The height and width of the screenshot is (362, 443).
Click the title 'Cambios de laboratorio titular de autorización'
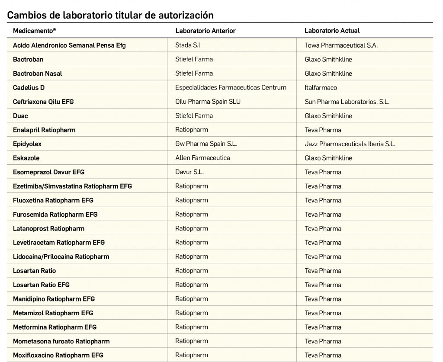[110, 15]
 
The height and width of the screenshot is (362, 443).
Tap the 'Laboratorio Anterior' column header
[205, 31]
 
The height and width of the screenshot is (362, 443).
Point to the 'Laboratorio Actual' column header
[332, 31]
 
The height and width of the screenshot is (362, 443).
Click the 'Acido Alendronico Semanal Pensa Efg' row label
[69, 45]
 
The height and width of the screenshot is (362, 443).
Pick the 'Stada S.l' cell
[188, 45]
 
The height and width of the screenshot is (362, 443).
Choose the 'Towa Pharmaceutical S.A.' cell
[341, 45]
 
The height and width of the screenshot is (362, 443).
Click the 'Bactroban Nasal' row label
[38, 74]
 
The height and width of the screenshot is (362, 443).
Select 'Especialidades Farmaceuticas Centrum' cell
[231, 87]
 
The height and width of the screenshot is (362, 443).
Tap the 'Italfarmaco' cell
[321, 87]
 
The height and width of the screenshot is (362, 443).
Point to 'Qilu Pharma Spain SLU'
[208, 102]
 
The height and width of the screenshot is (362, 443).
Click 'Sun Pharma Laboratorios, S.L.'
[347, 102]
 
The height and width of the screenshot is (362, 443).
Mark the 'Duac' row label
[20, 116]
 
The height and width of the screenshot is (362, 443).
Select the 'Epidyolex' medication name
[27, 144]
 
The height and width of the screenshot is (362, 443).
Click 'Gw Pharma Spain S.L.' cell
[206, 144]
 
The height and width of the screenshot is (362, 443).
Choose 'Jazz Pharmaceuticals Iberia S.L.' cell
[350, 144]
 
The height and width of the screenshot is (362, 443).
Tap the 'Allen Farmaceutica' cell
[202, 158]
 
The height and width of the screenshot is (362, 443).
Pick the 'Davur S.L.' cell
[189, 172]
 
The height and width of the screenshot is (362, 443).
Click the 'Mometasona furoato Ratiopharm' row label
[61, 341]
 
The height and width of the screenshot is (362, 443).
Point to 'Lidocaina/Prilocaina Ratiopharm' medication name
[61, 256]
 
